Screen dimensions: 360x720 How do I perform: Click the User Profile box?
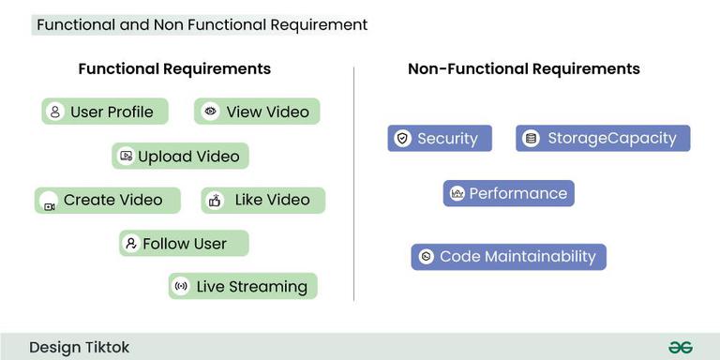[105, 112]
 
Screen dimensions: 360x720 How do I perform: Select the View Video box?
[257, 112]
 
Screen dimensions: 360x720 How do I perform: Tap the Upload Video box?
[181, 157]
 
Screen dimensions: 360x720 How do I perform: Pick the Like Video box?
[262, 201]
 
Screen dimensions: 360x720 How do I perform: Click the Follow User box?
[184, 244]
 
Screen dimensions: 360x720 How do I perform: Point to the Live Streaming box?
[243, 287]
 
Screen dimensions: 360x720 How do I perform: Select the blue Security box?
[440, 139]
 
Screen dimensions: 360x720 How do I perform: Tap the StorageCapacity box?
[603, 139]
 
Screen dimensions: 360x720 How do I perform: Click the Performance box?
[508, 194]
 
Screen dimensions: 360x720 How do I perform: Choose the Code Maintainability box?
[508, 257]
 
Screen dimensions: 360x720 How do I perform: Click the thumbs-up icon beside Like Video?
[216, 201]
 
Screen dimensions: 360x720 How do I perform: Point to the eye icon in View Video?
[210, 112]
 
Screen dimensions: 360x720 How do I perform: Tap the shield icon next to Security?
[403, 139]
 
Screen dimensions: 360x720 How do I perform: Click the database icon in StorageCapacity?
[532, 139]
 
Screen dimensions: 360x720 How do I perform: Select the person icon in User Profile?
[55, 112]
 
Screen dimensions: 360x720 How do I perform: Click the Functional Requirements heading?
[174, 69]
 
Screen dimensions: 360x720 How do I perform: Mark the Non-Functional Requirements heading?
[524, 69]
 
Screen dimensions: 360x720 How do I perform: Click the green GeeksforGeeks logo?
[681, 348]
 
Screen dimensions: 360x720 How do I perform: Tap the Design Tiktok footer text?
[79, 348]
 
